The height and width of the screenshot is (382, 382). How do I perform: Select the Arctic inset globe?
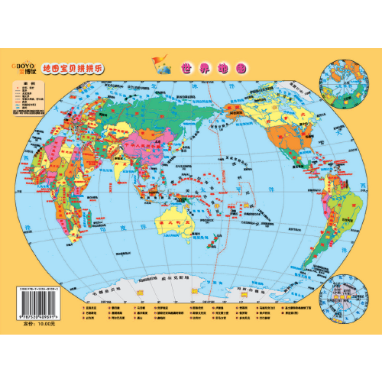pyautogui.click(x=343, y=83)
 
